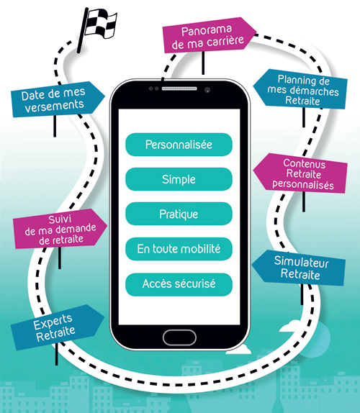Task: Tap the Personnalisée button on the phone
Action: pyautogui.click(x=179, y=145)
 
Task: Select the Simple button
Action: pyautogui.click(x=179, y=179)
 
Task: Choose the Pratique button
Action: pyautogui.click(x=179, y=214)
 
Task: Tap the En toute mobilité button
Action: pyautogui.click(x=179, y=249)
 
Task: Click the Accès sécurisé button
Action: pyautogui.click(x=179, y=284)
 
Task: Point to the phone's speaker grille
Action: pyautogui.click(x=179, y=88)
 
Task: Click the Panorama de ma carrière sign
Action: pyautogui.click(x=208, y=35)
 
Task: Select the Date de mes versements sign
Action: pyautogui.click(x=58, y=99)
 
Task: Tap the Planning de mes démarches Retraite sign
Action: pyautogui.click(x=300, y=89)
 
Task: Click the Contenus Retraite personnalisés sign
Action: pyautogui.click(x=300, y=174)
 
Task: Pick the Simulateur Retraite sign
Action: pyautogui.click(x=299, y=268)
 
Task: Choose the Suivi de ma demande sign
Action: pyautogui.click(x=60, y=229)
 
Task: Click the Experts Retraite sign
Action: pyautogui.click(x=57, y=327)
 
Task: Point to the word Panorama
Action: pyautogui.click(x=207, y=30)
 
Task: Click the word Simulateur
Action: pyautogui.click(x=301, y=262)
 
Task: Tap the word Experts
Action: pyautogui.click(x=53, y=322)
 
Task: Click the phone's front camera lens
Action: pyautogui.click(x=207, y=90)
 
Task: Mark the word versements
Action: pyautogui.click(x=54, y=106)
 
